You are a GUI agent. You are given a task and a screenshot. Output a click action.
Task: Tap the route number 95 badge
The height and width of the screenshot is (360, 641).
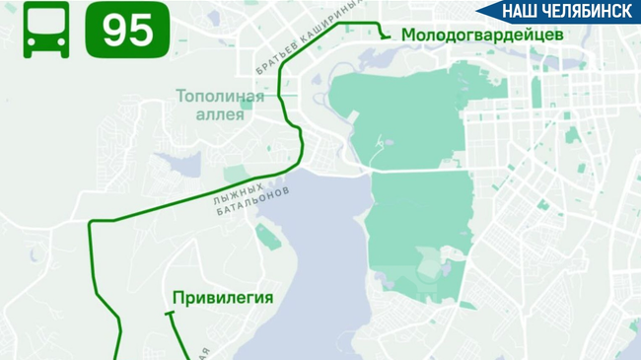point(127,30)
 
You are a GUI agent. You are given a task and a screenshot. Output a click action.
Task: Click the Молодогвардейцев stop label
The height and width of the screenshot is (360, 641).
point(481,34)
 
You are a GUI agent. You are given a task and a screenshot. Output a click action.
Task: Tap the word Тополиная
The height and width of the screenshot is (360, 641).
point(220,96)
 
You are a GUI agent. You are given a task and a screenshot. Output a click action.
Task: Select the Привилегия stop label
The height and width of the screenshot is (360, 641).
point(222,296)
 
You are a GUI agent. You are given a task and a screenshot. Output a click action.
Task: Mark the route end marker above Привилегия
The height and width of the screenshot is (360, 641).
point(170,314)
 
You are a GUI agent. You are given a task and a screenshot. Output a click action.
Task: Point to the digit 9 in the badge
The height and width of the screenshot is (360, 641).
point(114,30)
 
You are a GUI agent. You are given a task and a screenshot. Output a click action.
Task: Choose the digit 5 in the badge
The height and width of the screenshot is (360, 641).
point(141,30)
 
